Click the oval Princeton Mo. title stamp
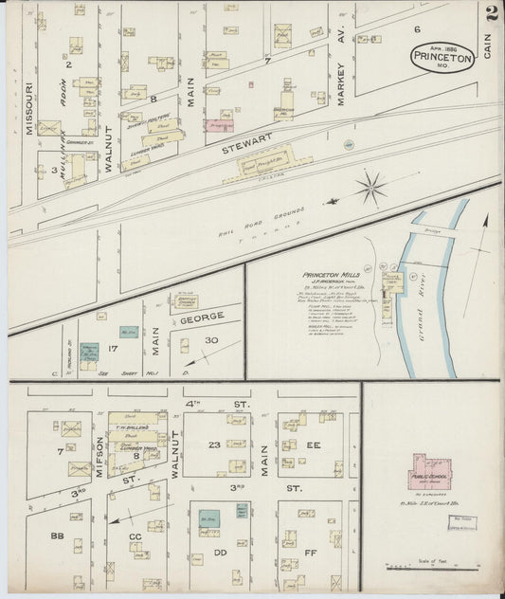[443, 56]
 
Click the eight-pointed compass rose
[370, 186]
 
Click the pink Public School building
[431, 470]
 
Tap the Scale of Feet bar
[431, 567]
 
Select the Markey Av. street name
[342, 85]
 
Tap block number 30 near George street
[212, 340]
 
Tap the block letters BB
[57, 536]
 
